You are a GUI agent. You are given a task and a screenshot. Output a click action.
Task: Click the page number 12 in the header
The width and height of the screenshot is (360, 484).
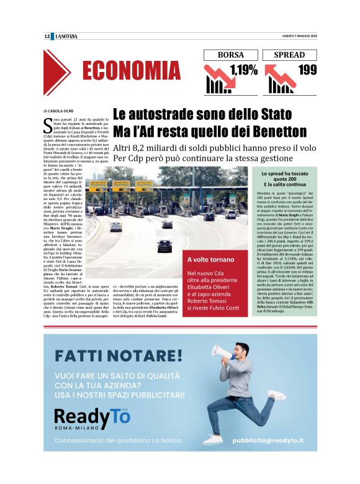(x=47, y=36)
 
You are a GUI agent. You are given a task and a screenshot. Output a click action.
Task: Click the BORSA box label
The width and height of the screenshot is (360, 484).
(x=230, y=55)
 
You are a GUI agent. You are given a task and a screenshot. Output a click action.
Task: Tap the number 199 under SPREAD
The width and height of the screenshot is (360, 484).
(x=307, y=70)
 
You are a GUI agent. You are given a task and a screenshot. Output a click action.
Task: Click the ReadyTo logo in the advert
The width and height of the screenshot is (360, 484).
(x=92, y=416)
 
